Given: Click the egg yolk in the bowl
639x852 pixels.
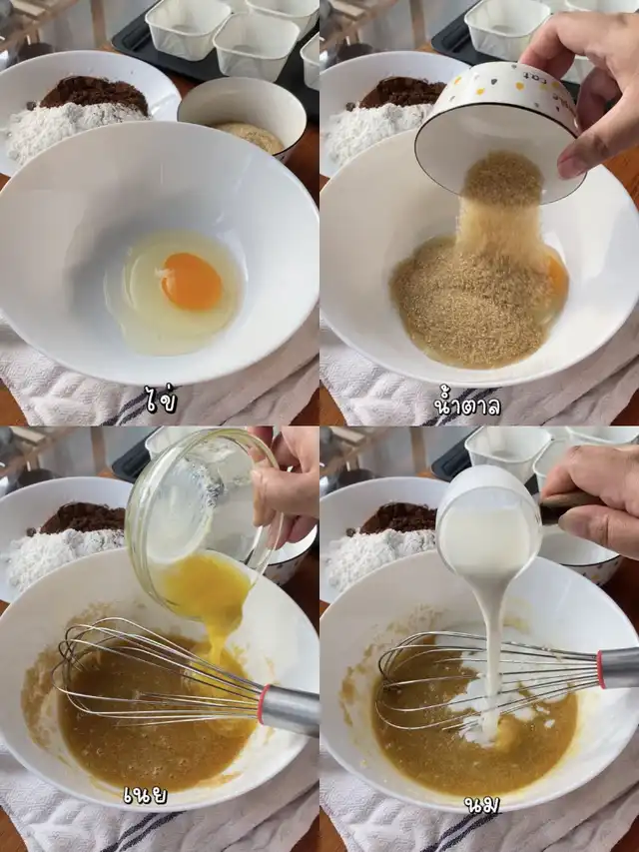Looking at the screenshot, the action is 192,282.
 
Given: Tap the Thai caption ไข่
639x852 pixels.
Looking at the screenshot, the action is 161,401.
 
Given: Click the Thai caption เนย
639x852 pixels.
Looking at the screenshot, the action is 145,794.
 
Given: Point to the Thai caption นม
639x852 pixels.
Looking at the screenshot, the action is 482,804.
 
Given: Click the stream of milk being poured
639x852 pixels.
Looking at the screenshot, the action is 493,652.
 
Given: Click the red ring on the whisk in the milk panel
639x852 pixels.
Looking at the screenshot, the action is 600,668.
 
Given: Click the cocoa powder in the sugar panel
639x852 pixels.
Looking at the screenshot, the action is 402,92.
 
